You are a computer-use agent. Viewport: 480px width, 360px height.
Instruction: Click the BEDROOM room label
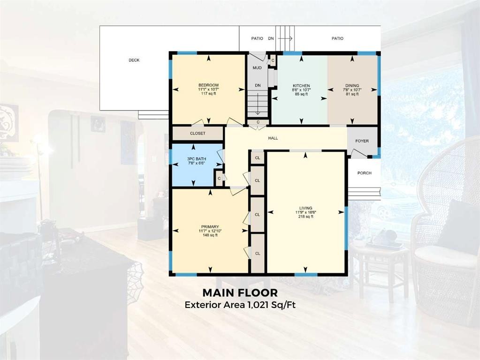point(208,85)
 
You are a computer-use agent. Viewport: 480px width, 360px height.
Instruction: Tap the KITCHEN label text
point(301,86)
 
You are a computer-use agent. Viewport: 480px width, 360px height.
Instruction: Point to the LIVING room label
point(306,208)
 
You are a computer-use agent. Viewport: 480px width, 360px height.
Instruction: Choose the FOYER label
point(362,141)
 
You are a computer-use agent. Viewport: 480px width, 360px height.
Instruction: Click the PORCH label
point(364,173)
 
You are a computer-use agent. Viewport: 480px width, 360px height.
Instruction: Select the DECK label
point(134,60)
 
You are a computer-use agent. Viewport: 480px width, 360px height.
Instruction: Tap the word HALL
point(273,138)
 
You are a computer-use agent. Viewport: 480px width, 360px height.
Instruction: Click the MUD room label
point(257,68)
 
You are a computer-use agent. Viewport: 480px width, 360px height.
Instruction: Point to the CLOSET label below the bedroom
point(198,134)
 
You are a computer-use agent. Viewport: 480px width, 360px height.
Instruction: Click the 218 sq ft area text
point(306,217)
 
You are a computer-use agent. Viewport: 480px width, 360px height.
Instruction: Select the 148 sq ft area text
point(210,235)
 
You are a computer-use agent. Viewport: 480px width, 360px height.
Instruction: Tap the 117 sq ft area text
point(208,93)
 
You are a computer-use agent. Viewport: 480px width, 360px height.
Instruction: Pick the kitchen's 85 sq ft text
point(301,94)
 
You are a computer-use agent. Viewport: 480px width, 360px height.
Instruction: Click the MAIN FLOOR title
point(240,293)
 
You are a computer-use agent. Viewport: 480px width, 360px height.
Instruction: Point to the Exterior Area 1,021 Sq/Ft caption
point(240,305)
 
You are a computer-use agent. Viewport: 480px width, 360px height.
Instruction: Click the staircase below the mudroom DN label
point(257,104)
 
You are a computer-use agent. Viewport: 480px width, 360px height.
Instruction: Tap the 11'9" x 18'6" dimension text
point(306,212)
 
